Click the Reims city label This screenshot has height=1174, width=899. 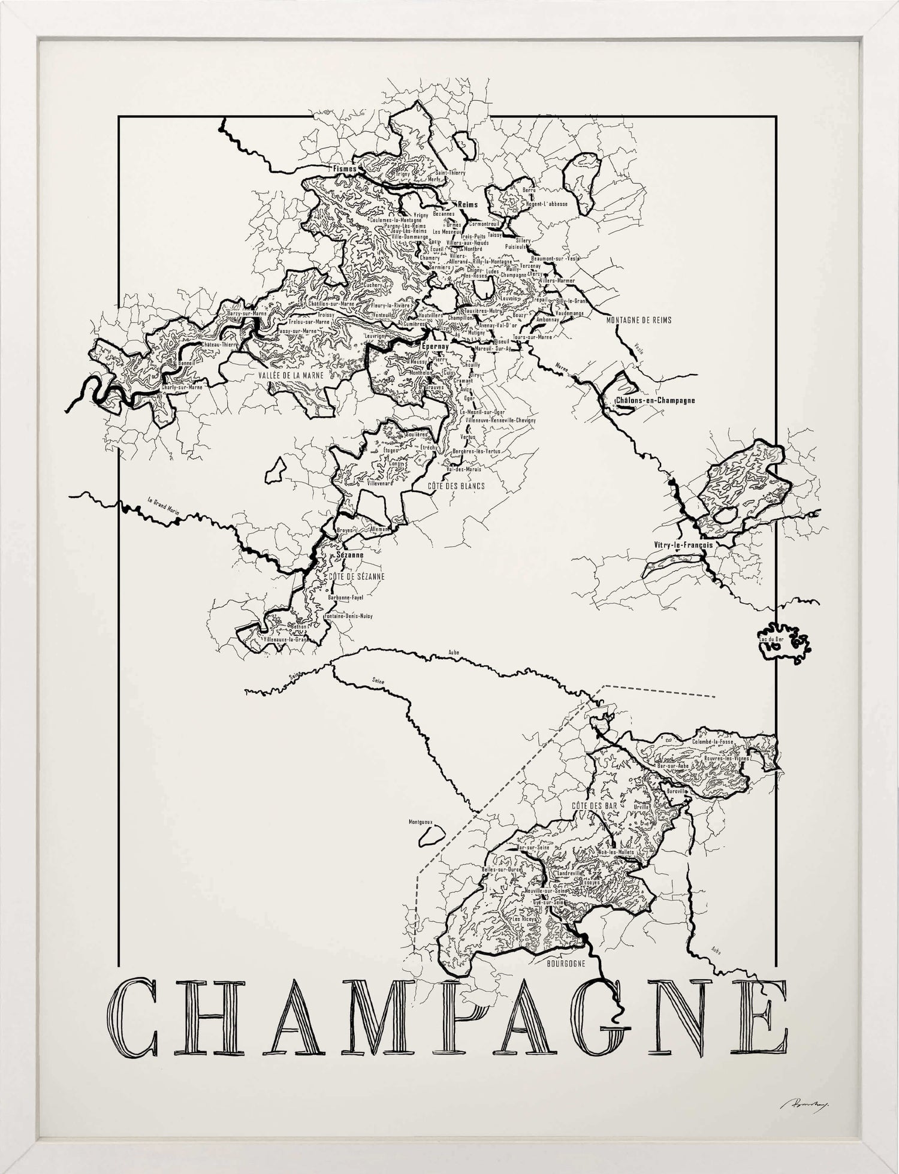tap(467, 204)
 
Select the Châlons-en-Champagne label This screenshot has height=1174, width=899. tap(656, 400)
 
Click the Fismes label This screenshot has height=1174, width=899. tap(345, 169)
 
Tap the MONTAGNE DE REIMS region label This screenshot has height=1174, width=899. tap(639, 321)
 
